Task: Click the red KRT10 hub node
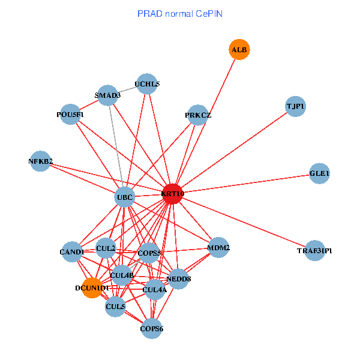tap(172, 194)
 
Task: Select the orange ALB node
tap(239, 50)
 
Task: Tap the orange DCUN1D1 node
tap(92, 288)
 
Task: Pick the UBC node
tap(124, 197)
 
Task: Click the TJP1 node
tap(295, 106)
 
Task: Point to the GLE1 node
tap(319, 174)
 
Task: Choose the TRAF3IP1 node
tap(314, 250)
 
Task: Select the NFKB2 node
tap(40, 161)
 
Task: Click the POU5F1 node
tap(70, 114)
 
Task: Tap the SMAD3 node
tap(107, 95)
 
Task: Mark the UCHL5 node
tap(147, 84)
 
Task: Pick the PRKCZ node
tap(198, 115)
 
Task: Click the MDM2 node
tap(218, 247)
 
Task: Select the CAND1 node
tap(71, 252)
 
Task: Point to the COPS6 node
tap(152, 328)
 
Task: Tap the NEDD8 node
tap(178, 278)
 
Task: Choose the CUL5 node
tap(115, 307)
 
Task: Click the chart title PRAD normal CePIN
tap(180, 13)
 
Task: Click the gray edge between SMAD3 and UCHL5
tap(127, 89)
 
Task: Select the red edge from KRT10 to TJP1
tap(234, 150)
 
